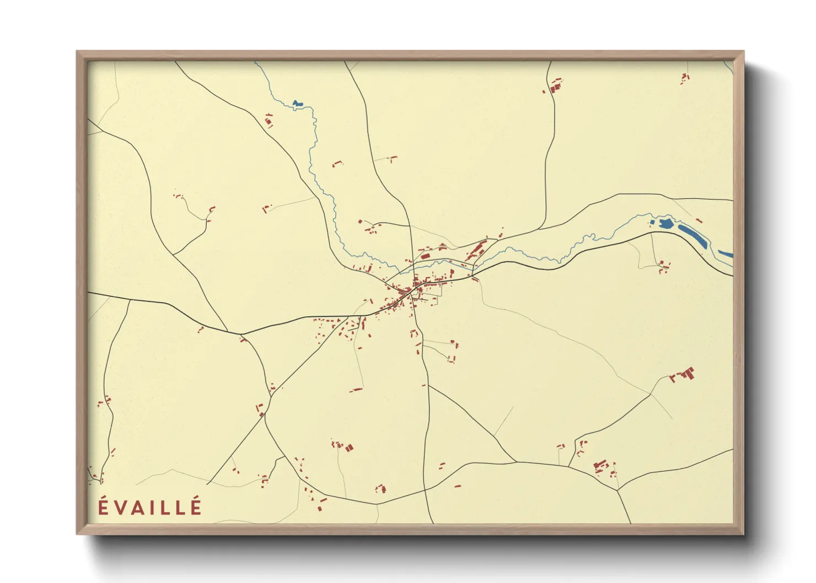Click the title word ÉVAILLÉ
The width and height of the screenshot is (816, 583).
pos(150,507)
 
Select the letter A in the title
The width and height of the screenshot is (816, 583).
pos(138,508)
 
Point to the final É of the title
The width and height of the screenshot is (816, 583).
pos(196,507)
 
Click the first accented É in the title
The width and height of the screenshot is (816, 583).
pos(103,507)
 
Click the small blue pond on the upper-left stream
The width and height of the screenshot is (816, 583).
pos(298,103)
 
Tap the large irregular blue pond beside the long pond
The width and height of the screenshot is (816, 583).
pos(665,223)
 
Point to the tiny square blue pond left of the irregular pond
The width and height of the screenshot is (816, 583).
pos(652,223)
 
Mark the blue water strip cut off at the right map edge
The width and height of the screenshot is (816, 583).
pos(726,254)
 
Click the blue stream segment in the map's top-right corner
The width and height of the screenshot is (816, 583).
pos(728,68)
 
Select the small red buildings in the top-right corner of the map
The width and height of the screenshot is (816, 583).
pos(685,78)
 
